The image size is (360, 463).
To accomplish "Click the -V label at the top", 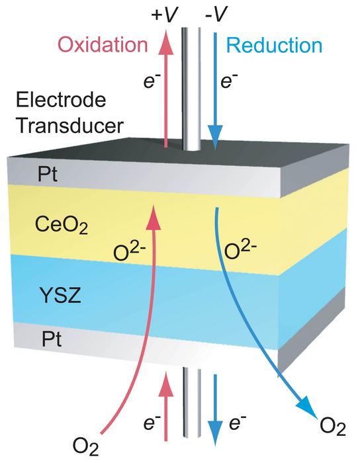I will (x=216, y=13).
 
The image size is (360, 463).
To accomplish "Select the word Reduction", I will (x=274, y=46).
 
